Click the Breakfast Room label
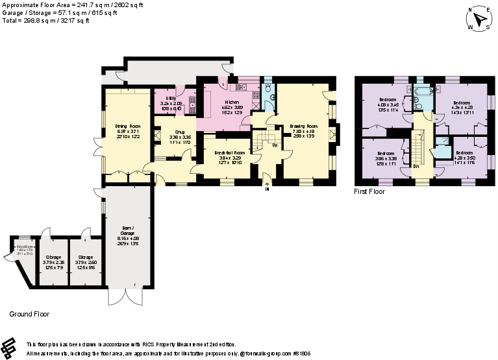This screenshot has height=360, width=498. (x=228, y=152)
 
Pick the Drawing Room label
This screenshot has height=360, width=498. (x=303, y=126)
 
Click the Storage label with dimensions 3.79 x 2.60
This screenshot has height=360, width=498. (x=86, y=257)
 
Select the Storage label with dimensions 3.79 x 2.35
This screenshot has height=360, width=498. (x=53, y=257)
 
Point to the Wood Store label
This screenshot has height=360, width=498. (x=25, y=247)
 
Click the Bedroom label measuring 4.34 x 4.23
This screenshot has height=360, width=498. (x=462, y=103)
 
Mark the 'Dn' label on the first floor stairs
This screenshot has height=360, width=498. (x=416, y=166)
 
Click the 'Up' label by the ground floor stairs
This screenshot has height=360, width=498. (x=276, y=145)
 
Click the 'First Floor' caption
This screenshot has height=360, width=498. (x=369, y=192)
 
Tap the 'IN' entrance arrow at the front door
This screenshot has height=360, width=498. (x=267, y=185)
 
